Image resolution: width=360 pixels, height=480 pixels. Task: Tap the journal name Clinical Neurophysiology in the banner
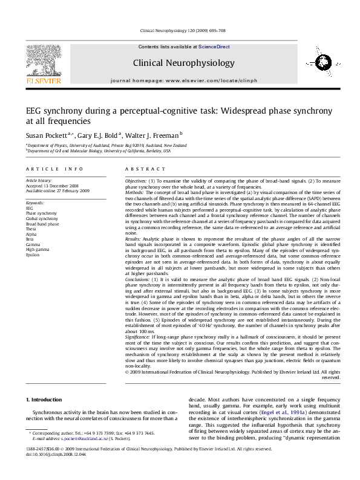point(183,63)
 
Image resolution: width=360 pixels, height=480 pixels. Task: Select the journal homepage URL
point(211,80)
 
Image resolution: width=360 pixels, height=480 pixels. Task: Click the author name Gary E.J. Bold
point(99,136)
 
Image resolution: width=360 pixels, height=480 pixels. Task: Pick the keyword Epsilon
point(33,255)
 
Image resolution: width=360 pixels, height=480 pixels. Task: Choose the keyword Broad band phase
point(42,224)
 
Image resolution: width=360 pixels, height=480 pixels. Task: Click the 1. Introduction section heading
point(46,400)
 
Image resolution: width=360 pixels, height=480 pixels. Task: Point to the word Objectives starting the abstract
point(136,181)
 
